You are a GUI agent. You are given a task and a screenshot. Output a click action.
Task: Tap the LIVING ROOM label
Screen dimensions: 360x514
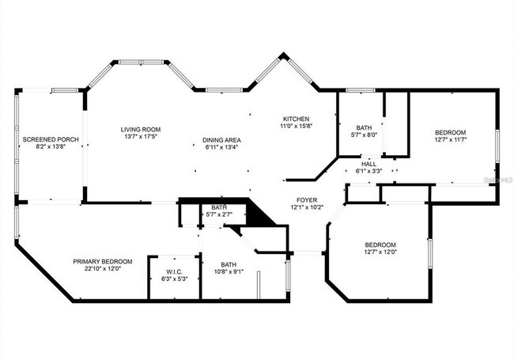click(141, 129)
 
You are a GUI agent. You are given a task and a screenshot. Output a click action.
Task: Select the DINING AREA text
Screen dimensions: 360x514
click(222, 140)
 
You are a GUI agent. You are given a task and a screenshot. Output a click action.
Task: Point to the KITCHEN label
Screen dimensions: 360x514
click(297, 119)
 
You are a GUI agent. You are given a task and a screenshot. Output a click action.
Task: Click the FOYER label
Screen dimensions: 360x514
click(307, 200)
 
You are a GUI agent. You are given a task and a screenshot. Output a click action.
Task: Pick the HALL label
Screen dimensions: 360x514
click(368, 164)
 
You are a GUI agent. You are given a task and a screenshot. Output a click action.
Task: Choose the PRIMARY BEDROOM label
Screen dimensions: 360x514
click(103, 261)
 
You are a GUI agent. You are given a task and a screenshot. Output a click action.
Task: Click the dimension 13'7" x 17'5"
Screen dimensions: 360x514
click(141, 137)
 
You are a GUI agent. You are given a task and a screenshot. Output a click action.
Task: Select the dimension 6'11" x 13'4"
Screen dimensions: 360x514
click(222, 147)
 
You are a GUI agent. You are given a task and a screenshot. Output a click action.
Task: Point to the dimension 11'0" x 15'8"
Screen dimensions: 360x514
click(297, 126)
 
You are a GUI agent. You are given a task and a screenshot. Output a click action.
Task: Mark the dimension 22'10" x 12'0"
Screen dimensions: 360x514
click(103, 269)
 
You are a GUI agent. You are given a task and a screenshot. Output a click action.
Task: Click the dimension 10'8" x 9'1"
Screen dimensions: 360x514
click(229, 272)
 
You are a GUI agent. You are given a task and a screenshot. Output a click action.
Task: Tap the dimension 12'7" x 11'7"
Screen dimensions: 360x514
click(450, 139)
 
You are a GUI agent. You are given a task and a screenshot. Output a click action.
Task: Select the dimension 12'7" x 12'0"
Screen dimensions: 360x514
click(380, 252)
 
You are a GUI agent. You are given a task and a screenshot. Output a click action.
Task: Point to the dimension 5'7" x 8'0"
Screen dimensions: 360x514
click(364, 135)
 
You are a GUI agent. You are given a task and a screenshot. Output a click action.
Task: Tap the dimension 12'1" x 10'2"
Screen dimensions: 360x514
click(307, 208)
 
